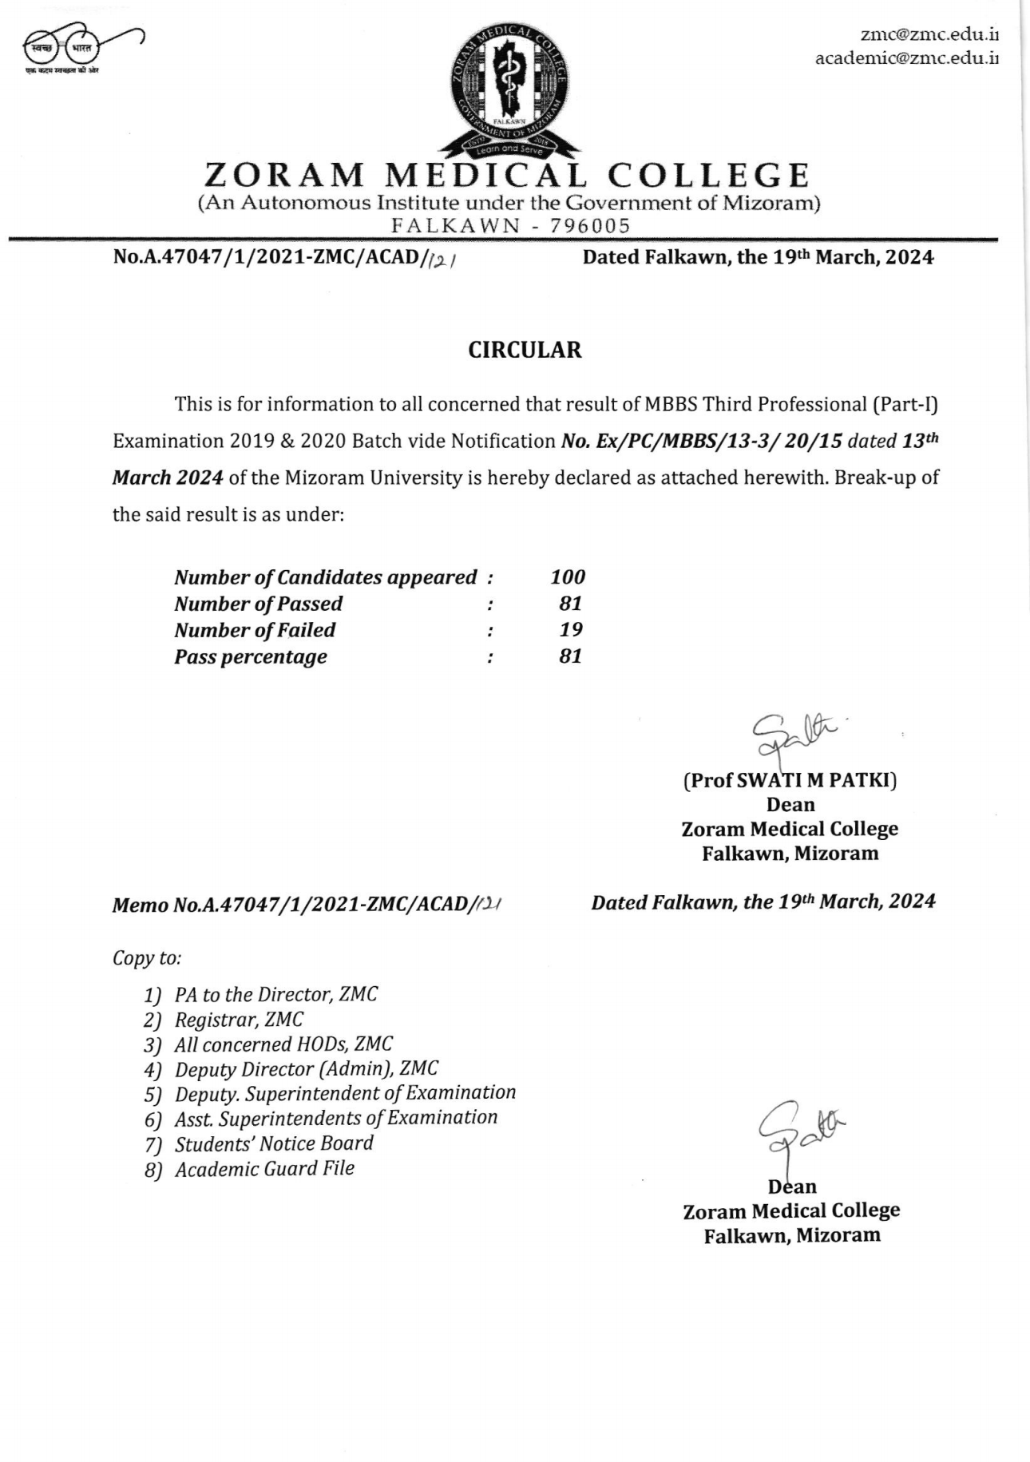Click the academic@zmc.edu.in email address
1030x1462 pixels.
coord(906,58)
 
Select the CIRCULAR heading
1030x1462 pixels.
coord(525,350)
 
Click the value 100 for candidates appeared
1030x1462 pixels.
coord(568,576)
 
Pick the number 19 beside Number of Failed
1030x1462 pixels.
coord(571,629)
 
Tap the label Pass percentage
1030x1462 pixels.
coord(251,656)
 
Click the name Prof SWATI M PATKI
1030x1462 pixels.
coord(790,780)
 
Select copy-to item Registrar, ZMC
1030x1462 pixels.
coord(239,1020)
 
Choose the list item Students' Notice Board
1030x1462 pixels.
coord(274,1143)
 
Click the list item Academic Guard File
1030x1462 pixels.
coord(264,1169)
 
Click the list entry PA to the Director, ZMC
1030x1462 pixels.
coord(275,994)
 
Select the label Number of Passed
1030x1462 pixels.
coord(258,604)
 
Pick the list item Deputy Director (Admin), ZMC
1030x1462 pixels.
coord(306,1068)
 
